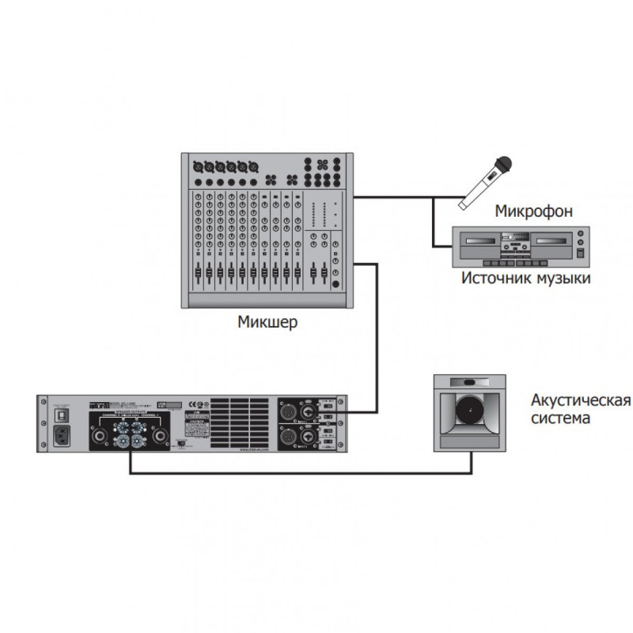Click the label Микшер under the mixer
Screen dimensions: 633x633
point(267,322)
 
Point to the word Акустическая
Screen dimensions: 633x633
point(580,399)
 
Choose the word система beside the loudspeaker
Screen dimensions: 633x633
point(560,417)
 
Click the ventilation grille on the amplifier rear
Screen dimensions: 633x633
point(237,424)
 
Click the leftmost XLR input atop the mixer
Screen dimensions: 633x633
point(198,167)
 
